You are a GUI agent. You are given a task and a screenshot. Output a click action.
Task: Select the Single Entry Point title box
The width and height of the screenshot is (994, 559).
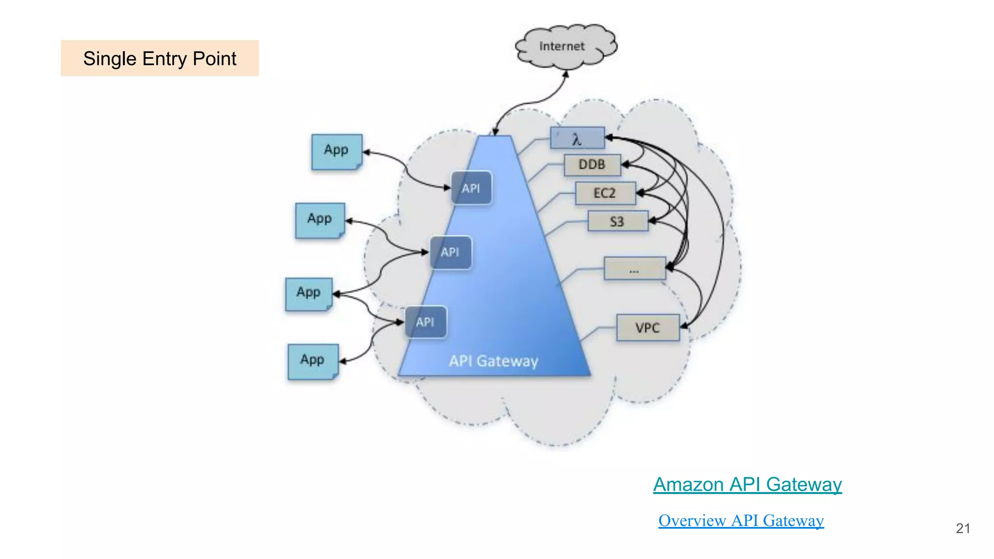tap(160, 58)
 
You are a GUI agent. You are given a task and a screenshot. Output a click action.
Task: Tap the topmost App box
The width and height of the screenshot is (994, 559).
tap(336, 151)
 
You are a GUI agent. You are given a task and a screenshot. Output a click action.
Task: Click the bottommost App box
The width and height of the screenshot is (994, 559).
tap(313, 362)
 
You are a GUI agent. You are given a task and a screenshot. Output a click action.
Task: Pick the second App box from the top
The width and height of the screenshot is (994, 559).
tap(320, 220)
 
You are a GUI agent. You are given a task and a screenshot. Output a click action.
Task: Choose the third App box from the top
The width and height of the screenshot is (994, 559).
tap(309, 294)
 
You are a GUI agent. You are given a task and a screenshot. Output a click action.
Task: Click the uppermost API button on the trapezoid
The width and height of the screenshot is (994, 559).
tap(471, 188)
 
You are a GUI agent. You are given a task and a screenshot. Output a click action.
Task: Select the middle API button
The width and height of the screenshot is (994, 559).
tap(450, 252)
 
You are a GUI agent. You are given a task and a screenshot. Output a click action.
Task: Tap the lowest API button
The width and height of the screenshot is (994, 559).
tap(426, 322)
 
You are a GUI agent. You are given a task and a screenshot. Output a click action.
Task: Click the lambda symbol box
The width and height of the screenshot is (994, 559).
tap(577, 138)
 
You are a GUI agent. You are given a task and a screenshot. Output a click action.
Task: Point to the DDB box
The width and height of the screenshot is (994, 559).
tap(592, 165)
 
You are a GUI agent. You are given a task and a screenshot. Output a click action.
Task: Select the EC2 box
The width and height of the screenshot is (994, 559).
tap(605, 193)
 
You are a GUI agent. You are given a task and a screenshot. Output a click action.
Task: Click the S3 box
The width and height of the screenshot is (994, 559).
tap(617, 221)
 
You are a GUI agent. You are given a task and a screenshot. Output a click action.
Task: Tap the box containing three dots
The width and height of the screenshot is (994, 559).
tap(634, 268)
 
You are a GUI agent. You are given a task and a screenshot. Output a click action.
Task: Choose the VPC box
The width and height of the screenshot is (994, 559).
tap(647, 328)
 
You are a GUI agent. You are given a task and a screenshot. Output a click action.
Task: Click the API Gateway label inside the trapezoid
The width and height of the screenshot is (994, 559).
tap(493, 361)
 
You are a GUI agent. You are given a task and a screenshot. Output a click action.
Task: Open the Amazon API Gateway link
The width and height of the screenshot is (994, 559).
tap(747, 484)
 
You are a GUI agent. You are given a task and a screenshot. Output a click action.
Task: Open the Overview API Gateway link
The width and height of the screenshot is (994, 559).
tap(741, 521)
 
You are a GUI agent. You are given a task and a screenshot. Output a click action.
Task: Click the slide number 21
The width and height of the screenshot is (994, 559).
tap(962, 528)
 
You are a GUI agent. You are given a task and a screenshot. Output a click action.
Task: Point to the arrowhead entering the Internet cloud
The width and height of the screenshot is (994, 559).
tap(565, 74)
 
